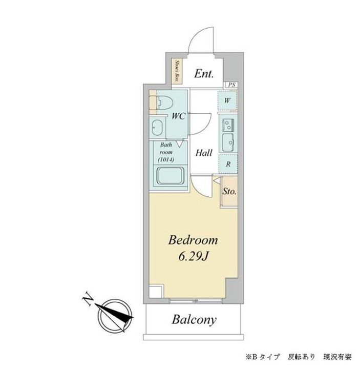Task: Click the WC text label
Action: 178,116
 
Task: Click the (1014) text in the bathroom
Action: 166,160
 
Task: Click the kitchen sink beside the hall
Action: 227,140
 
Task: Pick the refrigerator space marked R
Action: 228,164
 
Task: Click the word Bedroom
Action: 194,240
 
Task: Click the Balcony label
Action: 194,320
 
